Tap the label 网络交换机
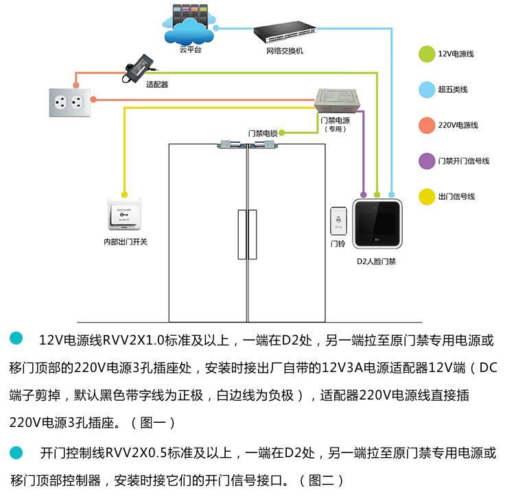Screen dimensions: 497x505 tap(284, 51)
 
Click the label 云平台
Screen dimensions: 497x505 tap(190, 50)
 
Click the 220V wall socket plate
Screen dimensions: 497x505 tap(69, 104)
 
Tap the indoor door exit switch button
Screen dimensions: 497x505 tap(125, 216)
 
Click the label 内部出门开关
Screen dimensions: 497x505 tap(126, 242)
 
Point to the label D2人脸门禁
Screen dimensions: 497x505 tap(376, 261)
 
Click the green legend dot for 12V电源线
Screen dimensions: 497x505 tap(426, 54)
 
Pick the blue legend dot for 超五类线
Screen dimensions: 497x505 tap(426, 89)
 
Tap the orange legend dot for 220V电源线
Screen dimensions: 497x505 tap(426, 125)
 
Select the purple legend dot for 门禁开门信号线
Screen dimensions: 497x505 tap(426, 161)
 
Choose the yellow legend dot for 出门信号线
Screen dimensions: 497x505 tap(426, 196)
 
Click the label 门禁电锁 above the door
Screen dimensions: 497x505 tap(263, 133)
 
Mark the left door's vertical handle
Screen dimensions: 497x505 tap(240, 234)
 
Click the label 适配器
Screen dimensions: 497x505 tap(157, 85)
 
